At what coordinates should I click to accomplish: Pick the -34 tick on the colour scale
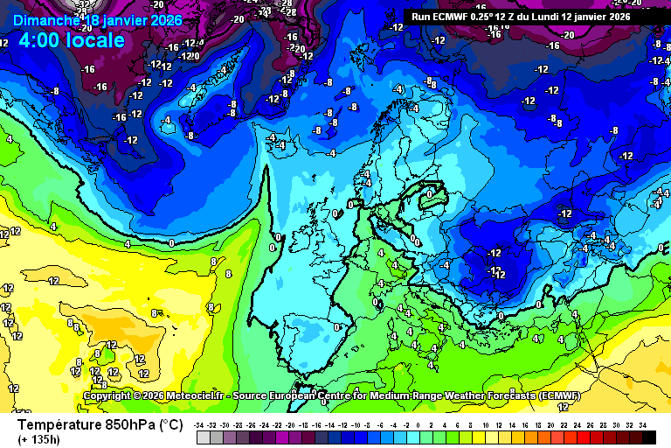click(x=201, y=424)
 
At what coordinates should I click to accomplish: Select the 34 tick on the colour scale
click(x=642, y=424)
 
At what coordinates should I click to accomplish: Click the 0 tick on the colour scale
click(x=419, y=424)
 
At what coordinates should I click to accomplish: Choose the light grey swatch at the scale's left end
click(x=203, y=436)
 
